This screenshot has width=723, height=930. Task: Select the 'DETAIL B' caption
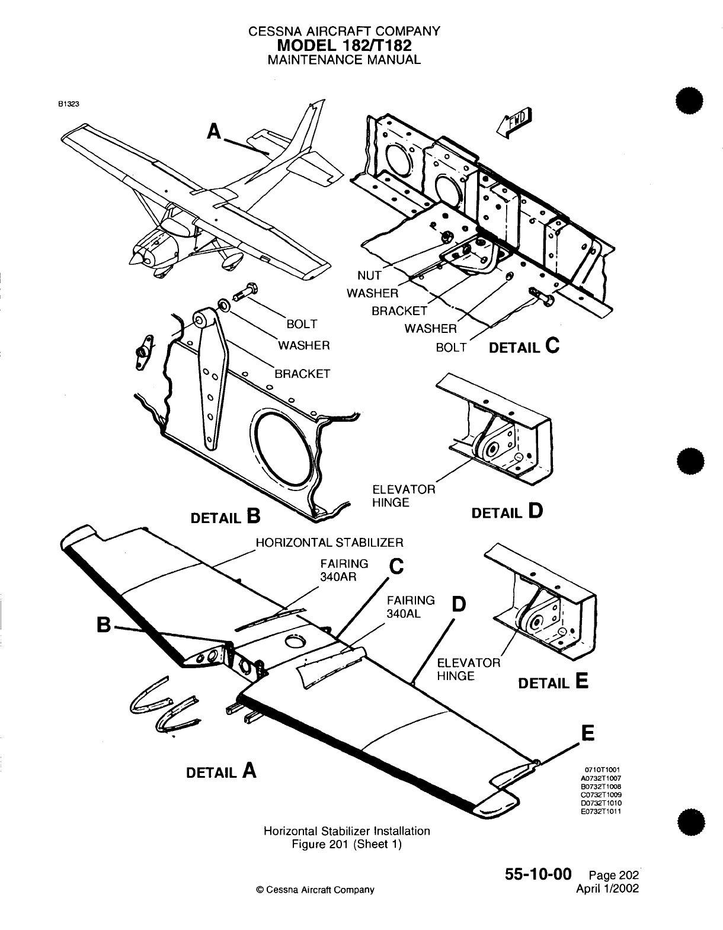click(x=225, y=517)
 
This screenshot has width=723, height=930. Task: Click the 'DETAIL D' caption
click(x=507, y=511)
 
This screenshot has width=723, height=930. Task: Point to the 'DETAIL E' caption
click(x=553, y=682)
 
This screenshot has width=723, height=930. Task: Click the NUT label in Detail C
click(x=369, y=275)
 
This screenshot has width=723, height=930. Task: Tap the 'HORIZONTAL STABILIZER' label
click(x=329, y=542)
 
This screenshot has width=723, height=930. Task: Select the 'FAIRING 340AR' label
click(x=344, y=570)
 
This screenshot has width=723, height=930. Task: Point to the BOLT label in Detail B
click(x=302, y=324)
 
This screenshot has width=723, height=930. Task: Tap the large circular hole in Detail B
click(x=282, y=442)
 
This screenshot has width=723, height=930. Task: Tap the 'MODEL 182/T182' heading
click(x=344, y=45)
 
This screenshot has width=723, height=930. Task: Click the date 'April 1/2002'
click(x=607, y=889)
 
